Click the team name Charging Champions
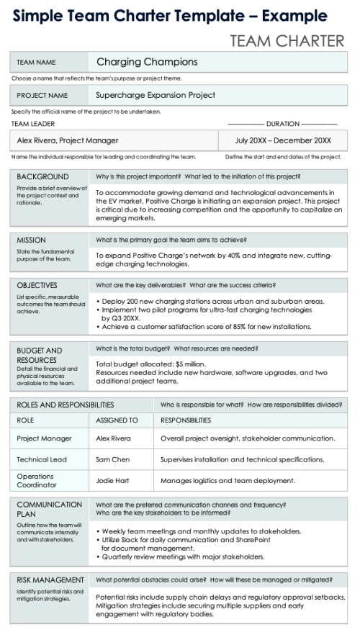click(x=147, y=62)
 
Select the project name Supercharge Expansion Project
click(x=156, y=95)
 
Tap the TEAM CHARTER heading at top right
click(x=287, y=41)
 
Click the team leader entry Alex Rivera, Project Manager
click(x=68, y=140)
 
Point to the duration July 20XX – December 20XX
click(x=283, y=140)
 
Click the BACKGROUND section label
click(x=42, y=176)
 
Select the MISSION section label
click(x=32, y=240)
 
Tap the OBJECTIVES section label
click(x=37, y=285)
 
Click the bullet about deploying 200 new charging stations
click(x=210, y=301)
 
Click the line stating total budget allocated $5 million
click(x=150, y=364)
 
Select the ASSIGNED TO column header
click(x=117, y=420)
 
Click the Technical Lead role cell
click(x=42, y=459)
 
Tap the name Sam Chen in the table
click(x=112, y=459)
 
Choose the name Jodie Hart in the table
click(x=114, y=480)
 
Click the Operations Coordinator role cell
click(x=35, y=480)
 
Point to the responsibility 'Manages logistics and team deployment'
click(x=228, y=480)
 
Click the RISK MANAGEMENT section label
click(x=50, y=580)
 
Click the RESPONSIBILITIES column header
click(x=186, y=420)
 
